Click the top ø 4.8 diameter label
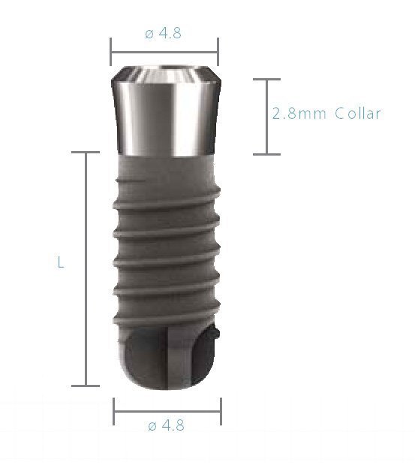click(x=164, y=33)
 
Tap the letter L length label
click(x=60, y=263)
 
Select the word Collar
click(x=359, y=113)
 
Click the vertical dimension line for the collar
click(x=266, y=117)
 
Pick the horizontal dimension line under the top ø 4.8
click(x=164, y=52)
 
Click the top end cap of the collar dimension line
click(x=266, y=80)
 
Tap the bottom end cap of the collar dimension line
click(x=266, y=154)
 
